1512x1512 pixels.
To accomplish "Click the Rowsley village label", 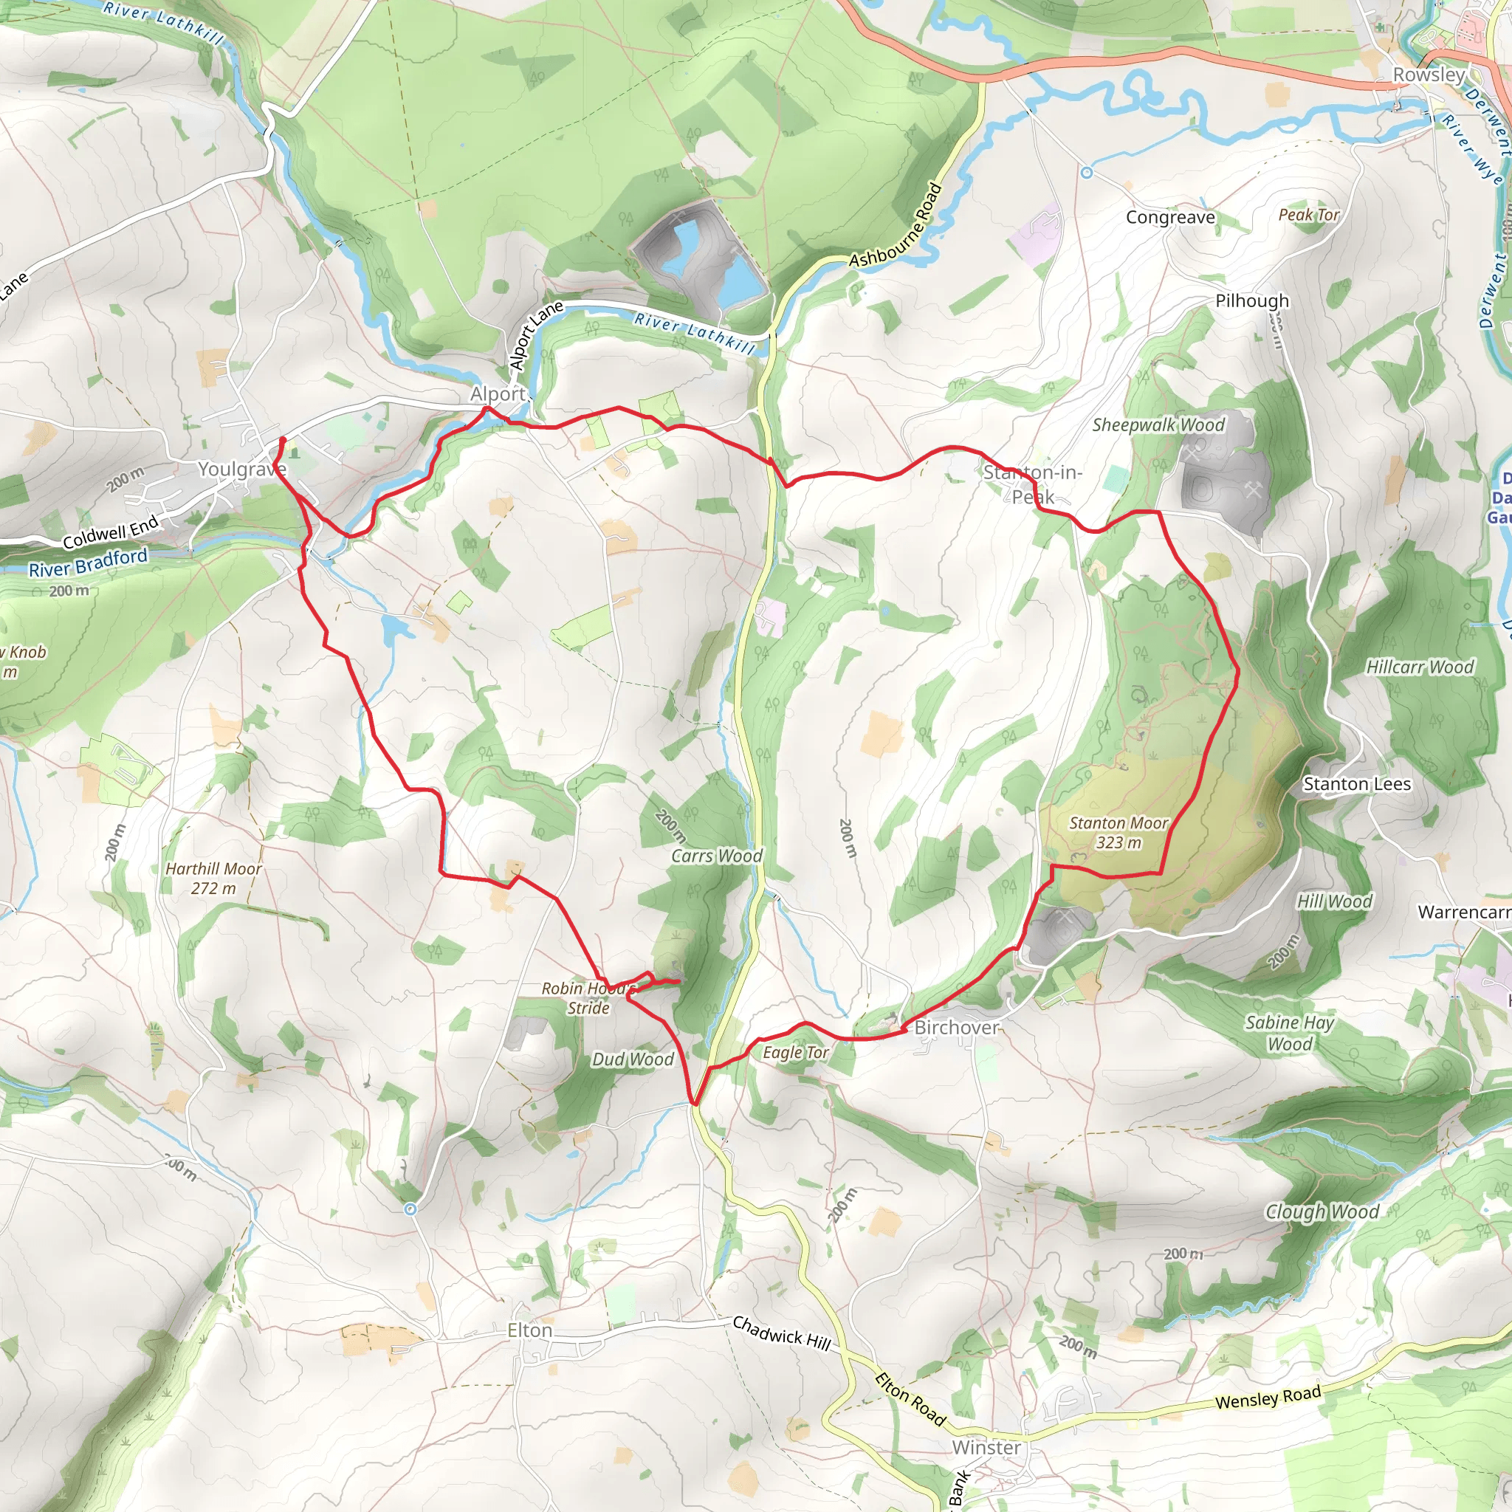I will [x=1429, y=75].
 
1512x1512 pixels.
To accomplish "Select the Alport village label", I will [x=498, y=394].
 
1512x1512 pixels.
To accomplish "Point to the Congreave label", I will [x=1170, y=217].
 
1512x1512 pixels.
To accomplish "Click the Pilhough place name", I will [x=1251, y=300].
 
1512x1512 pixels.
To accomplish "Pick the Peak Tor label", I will [x=1308, y=214].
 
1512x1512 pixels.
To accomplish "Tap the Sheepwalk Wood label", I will [x=1158, y=425].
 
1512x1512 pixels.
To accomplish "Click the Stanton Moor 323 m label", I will [x=1118, y=833].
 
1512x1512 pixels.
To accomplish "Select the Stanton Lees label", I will [x=1356, y=784].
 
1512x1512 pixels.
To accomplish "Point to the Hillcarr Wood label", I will [x=1420, y=667].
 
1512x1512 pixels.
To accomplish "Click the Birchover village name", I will [x=956, y=1028].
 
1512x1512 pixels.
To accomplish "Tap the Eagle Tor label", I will [x=795, y=1053].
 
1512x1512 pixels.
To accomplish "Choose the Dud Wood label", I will [x=633, y=1059].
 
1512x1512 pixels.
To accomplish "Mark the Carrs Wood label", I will [x=716, y=856].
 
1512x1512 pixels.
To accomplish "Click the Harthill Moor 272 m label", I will [x=213, y=878].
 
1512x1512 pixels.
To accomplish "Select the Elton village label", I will [x=530, y=1330].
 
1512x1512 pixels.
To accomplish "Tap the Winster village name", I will [x=986, y=1448].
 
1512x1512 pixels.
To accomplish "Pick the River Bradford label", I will [x=88, y=563].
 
